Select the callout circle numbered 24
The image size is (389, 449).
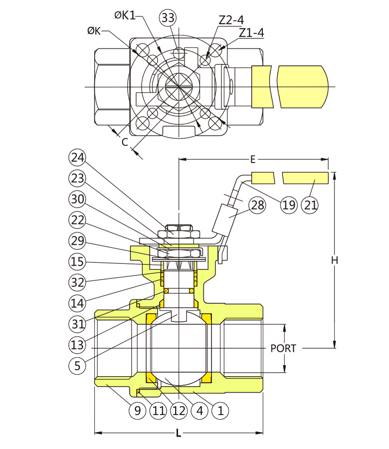tap(77, 158)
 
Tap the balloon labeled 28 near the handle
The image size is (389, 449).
tap(257, 205)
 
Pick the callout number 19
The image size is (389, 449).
tap(288, 205)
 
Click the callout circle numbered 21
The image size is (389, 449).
tap(311, 205)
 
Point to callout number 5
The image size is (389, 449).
tap(77, 365)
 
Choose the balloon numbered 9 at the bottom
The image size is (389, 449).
tap(138, 411)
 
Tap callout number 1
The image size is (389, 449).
tap(219, 411)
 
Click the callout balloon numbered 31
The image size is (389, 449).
tap(77, 323)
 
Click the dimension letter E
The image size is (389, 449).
tap(253, 160)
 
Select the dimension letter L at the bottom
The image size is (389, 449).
tap(179, 434)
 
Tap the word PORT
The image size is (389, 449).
tap(283, 348)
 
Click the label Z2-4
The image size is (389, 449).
tap(231, 20)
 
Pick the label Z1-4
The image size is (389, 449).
tap(251, 33)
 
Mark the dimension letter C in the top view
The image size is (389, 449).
tap(125, 142)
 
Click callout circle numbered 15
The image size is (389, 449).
tap(77, 261)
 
